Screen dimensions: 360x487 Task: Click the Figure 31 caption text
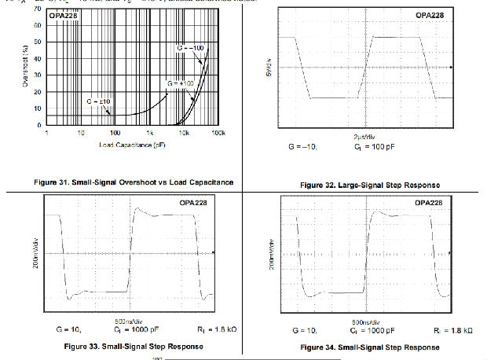coord(134,182)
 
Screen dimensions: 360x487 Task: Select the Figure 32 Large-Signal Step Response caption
coord(369,185)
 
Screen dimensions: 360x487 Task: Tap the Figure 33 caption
coord(127,346)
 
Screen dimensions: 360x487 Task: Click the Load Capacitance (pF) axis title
coord(132,145)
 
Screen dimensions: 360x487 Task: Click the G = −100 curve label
coord(191,49)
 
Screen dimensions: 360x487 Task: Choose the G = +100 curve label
coord(180,83)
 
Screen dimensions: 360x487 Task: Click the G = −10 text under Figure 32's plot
coord(301,147)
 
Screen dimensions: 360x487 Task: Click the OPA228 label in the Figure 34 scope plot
coord(428,202)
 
